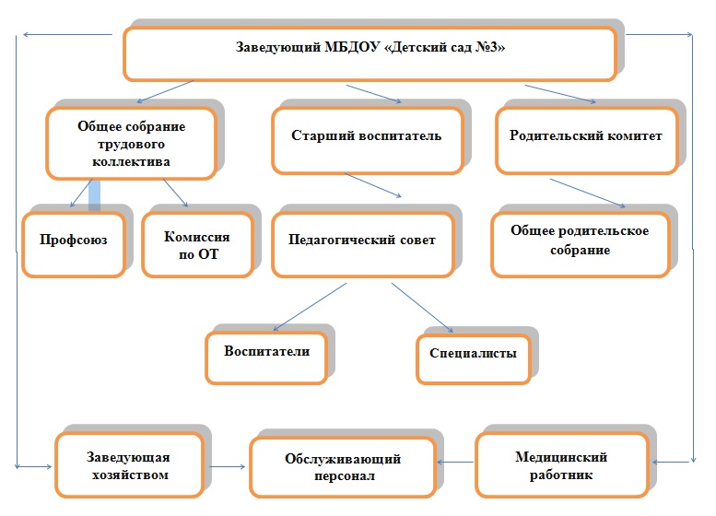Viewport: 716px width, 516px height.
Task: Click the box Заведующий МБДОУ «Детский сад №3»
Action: tap(370, 53)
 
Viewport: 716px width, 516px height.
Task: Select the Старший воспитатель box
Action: tap(368, 141)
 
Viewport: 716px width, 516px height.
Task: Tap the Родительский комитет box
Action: tap(587, 141)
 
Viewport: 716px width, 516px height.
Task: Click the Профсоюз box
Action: tap(74, 244)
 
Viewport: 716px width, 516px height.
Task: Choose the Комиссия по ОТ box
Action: tap(198, 244)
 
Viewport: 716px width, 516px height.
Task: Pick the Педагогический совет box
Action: tap(363, 244)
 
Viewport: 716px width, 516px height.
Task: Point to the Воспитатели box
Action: tap(266, 358)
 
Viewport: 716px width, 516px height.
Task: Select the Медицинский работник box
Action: tap(562, 464)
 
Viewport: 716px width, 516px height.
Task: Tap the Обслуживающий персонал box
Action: tap(343, 466)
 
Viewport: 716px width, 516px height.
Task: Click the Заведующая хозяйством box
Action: tap(130, 464)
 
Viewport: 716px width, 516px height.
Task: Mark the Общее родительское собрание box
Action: tap(581, 244)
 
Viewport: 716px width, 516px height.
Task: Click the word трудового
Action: tap(131, 145)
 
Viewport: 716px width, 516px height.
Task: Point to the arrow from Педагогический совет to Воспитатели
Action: tap(310, 307)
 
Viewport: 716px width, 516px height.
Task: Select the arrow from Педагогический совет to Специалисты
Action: tap(422, 308)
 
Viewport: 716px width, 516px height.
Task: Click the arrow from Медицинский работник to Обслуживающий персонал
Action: tap(455, 463)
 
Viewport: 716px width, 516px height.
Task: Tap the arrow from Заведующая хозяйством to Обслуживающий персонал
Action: tap(228, 466)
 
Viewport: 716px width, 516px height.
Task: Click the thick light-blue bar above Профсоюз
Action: tap(95, 195)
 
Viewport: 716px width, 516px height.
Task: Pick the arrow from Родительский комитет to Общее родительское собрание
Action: tap(588, 193)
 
